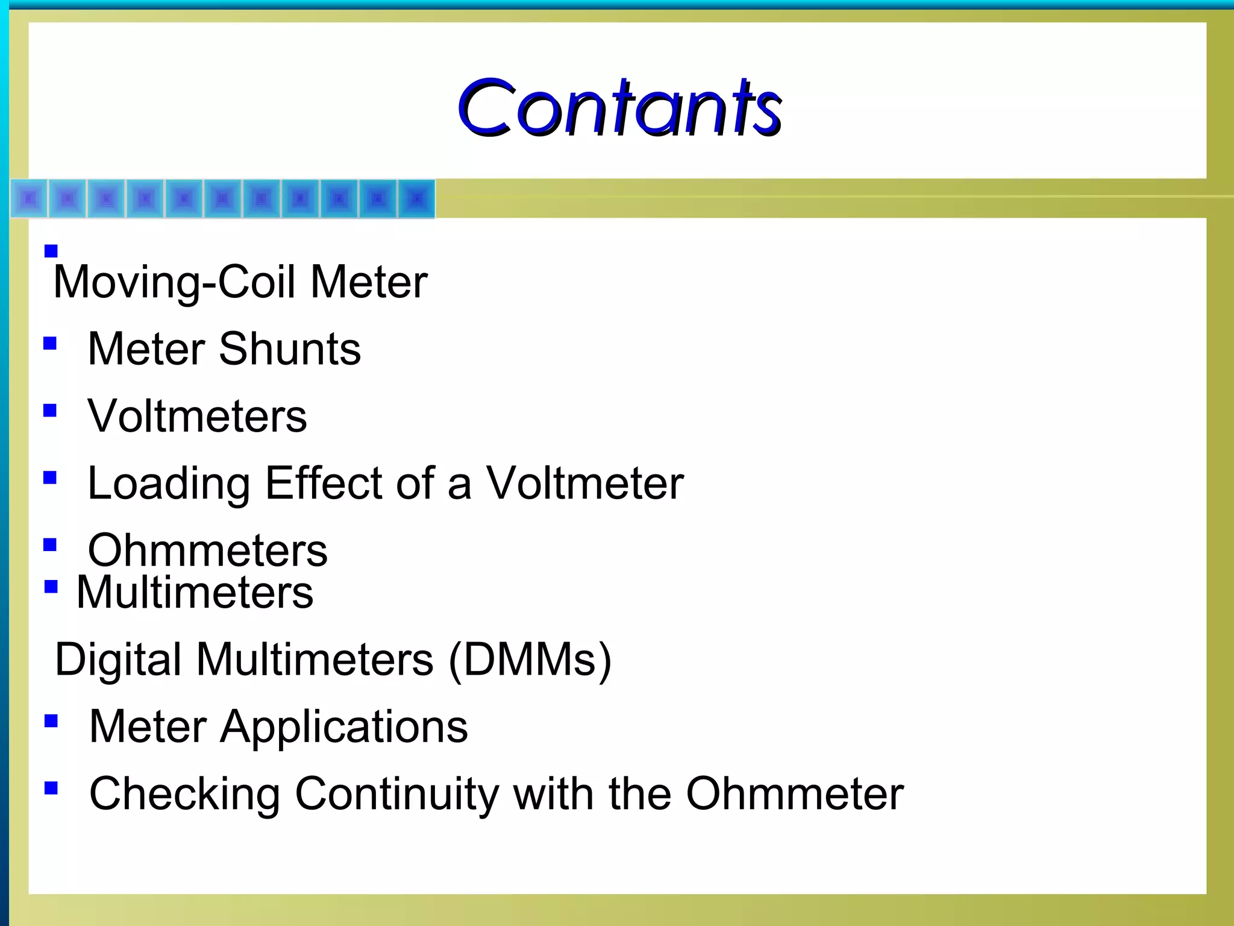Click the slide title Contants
(x=619, y=109)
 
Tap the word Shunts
(x=290, y=349)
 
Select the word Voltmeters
(x=197, y=416)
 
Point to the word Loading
(x=169, y=484)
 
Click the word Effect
(x=324, y=483)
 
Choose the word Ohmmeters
(x=208, y=550)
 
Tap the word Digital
(x=118, y=659)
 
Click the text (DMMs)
(x=530, y=660)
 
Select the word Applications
(x=344, y=727)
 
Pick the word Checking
(x=185, y=794)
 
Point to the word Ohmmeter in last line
(x=795, y=793)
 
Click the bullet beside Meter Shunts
(x=51, y=344)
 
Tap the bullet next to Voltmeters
(x=51, y=411)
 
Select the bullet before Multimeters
(x=51, y=587)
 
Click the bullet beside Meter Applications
(x=51, y=721)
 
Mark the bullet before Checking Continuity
(x=51, y=788)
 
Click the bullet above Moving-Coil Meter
(x=51, y=251)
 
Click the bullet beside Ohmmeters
(x=51, y=545)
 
